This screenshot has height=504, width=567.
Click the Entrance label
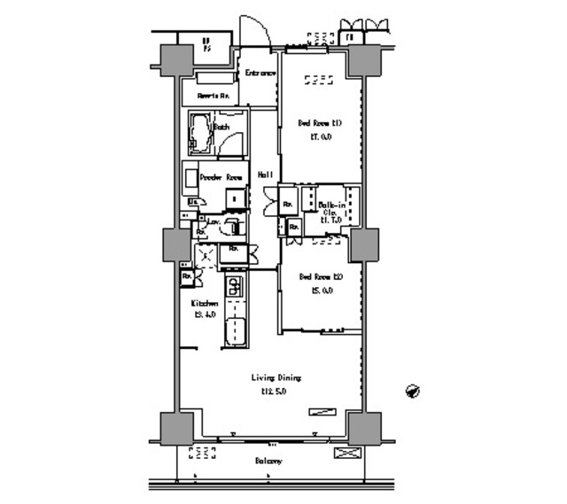click(260, 73)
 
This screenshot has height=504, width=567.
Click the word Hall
click(265, 175)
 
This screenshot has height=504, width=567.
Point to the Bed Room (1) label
click(320, 123)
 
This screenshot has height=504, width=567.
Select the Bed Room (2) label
click(320, 275)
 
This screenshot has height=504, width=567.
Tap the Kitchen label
click(206, 303)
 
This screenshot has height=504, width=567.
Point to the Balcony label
click(268, 461)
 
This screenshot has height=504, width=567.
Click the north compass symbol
click(413, 391)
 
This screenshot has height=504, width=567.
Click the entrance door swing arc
click(254, 28)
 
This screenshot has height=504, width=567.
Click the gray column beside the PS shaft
click(176, 58)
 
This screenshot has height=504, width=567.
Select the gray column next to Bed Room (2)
click(363, 245)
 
